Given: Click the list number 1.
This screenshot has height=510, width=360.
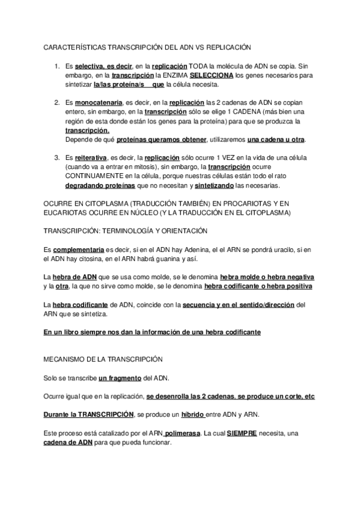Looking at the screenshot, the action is coord(57,67).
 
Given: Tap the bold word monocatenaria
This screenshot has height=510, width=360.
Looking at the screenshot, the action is coord(100,103).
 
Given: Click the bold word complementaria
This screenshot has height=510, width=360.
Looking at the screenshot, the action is coord(79,249).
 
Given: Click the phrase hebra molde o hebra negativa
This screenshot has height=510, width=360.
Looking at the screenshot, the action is coord(267,277).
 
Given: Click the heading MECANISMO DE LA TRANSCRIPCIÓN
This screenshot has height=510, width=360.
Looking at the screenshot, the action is coord(103,358).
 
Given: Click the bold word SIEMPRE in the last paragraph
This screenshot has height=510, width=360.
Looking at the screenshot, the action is coord(242,434).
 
